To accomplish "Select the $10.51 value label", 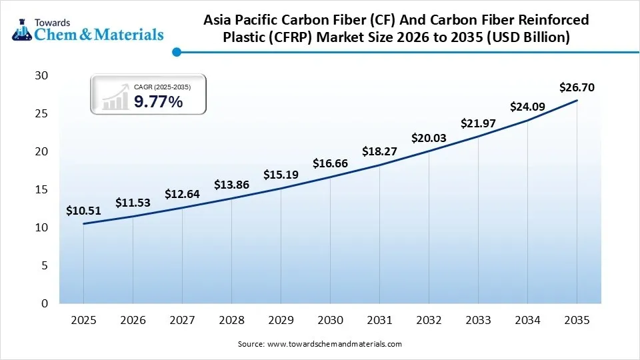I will (83, 211).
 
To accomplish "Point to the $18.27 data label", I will (379, 151).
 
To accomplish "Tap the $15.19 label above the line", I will (281, 175).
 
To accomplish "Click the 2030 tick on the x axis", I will (330, 321).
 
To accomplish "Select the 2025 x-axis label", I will (83, 321).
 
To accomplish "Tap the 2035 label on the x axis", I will (577, 321).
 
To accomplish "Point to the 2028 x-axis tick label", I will (231, 321).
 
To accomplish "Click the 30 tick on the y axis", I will (41, 76).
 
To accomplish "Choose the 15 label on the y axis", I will (41, 190).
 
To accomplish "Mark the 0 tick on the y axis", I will (45, 304).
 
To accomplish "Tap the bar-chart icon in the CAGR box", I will (115, 97).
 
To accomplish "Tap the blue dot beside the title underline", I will (176, 52).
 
